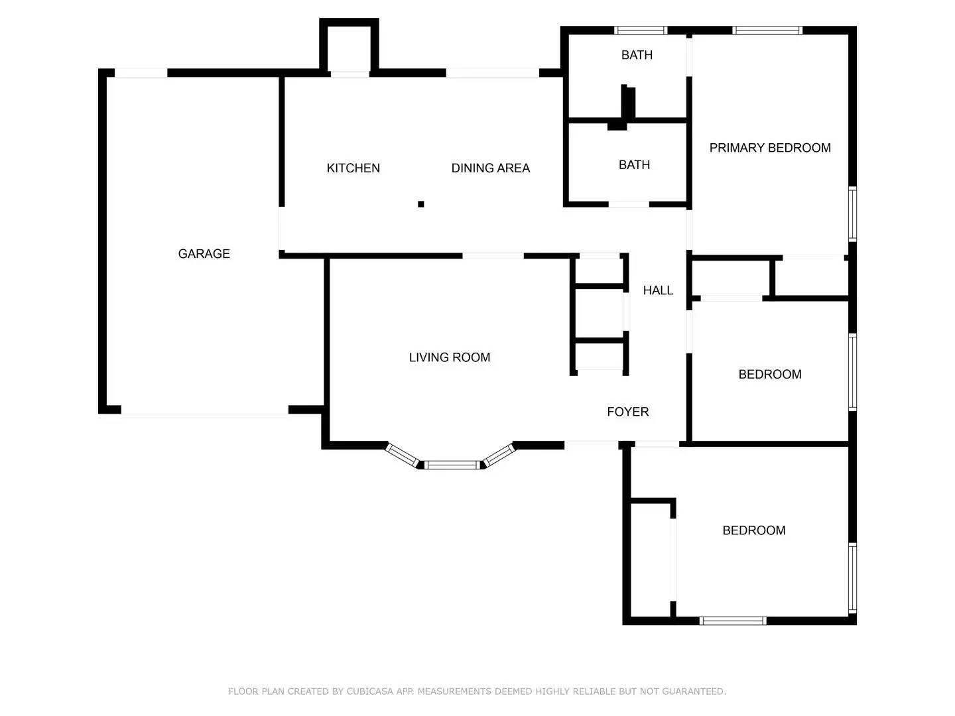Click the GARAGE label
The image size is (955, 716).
click(x=204, y=254)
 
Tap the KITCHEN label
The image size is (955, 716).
click(x=353, y=168)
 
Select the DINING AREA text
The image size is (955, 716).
click(x=490, y=168)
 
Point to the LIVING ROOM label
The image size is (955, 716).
click(x=449, y=357)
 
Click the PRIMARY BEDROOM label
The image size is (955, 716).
click(x=769, y=148)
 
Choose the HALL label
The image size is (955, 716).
click(x=657, y=290)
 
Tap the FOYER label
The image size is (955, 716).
click(x=627, y=412)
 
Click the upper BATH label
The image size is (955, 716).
click(x=637, y=55)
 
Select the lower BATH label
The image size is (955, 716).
click(x=634, y=165)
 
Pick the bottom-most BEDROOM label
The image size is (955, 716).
click(x=753, y=530)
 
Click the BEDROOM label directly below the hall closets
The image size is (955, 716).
click(x=769, y=375)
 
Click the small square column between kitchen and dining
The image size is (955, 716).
click(x=420, y=204)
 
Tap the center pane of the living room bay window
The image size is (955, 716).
click(x=451, y=465)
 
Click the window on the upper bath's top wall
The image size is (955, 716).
click(x=640, y=30)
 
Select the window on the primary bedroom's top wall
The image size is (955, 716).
click(x=767, y=30)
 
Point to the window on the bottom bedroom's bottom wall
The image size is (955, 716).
click(x=733, y=621)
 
